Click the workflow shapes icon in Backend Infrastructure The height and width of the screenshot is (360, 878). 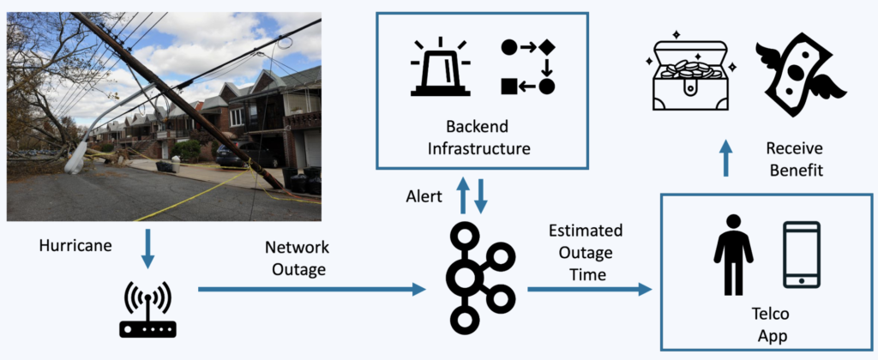pos(527,67)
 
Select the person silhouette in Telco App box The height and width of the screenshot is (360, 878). pos(733,255)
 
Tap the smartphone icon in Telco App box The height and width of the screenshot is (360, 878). pos(802,255)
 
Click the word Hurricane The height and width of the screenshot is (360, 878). pos(76,245)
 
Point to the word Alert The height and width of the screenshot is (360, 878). pos(424,197)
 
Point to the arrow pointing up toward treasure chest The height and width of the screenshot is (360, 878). pos(725,159)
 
